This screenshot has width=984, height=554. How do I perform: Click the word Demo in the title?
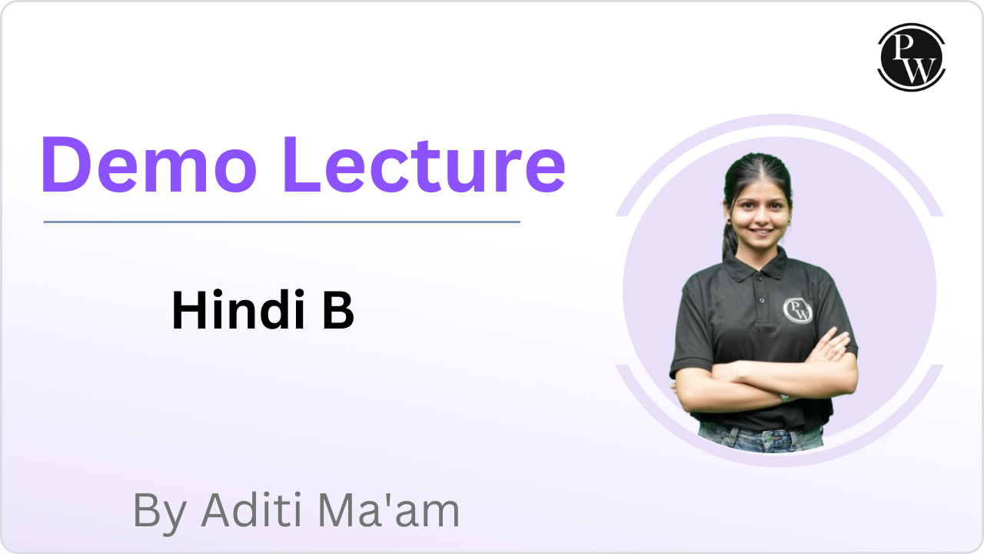149,165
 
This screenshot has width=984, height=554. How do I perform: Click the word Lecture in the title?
425,165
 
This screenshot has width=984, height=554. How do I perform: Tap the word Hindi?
238,309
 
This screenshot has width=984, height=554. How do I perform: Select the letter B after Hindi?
338,310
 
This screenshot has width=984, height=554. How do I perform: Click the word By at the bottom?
161,512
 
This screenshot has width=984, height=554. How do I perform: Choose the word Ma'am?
388,510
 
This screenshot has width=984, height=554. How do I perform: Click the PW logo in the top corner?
912,57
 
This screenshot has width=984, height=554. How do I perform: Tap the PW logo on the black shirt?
798,310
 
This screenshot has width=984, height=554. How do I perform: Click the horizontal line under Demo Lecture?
282,222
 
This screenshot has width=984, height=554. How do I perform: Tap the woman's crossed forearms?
764,377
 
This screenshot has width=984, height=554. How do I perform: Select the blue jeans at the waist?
761,439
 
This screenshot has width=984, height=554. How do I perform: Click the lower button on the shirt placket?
762,300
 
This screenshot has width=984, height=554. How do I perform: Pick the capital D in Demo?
66,165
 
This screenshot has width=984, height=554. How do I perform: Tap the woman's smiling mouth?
761,232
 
